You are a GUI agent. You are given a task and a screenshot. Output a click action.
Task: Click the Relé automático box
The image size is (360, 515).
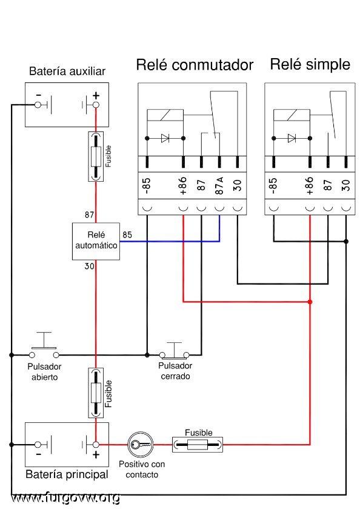coord(96,241)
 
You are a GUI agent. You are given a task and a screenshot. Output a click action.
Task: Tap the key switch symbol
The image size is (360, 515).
coord(141,445)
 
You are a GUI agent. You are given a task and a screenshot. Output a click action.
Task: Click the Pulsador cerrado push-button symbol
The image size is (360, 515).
coord(175,350)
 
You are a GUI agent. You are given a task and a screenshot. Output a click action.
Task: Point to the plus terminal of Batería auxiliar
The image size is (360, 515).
coord(96,105)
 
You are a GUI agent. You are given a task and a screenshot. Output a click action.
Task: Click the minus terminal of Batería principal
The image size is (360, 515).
coord(38,445)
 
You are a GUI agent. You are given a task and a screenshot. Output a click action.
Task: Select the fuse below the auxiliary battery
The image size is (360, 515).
coord(96,156)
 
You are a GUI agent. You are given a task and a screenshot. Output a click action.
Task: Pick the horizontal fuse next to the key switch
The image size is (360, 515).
coord(198,445)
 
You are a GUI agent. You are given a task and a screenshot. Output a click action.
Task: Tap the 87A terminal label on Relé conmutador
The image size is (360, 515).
coord(219,185)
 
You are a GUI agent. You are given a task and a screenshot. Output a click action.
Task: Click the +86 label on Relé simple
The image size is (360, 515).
coord(309,185)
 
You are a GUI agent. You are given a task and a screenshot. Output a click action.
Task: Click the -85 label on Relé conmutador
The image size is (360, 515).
coord(147,185)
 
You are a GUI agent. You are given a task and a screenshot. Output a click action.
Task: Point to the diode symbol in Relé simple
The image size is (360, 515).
coord(292,138)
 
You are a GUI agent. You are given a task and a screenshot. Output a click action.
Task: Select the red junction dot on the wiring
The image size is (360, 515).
coord(310,302)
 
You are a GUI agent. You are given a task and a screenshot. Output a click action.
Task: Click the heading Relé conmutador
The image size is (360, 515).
coord(195,65)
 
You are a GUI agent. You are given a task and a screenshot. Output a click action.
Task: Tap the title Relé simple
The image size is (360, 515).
coord(310,64)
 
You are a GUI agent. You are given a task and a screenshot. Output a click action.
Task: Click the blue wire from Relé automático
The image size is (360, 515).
coord(170,241)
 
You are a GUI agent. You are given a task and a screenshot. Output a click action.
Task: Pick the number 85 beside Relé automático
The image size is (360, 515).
coord(127,235)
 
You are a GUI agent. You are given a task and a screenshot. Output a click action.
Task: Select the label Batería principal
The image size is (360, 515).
coord(67,474)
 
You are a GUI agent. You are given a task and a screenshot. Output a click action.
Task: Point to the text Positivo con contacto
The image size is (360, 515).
coord(142,470)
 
